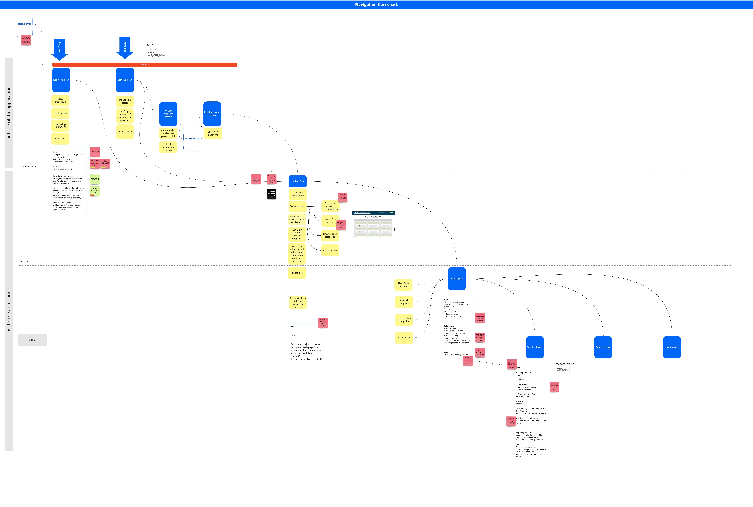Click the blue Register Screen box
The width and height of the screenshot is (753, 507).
coord(61,80)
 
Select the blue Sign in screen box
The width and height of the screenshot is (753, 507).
coord(125,80)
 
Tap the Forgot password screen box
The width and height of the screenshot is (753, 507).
coord(168,114)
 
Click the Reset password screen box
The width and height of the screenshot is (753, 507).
coord(212,114)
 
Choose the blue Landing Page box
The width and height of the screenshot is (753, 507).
coord(297,181)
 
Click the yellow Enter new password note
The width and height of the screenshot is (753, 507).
coord(213,133)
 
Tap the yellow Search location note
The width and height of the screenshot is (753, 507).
coord(330,250)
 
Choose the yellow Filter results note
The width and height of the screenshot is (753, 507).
coord(404,338)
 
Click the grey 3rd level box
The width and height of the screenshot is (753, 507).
coord(32,340)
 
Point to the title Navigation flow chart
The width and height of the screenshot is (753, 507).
coord(376,5)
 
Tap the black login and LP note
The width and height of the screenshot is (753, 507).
coord(271,194)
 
